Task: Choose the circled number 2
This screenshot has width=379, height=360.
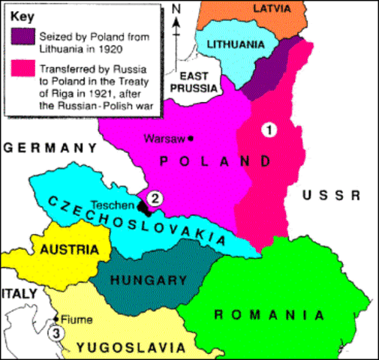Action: (154, 198)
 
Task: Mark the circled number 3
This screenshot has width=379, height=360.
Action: (53, 334)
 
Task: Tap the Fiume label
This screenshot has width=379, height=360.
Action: (79, 320)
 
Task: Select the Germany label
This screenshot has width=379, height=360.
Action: (48, 148)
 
